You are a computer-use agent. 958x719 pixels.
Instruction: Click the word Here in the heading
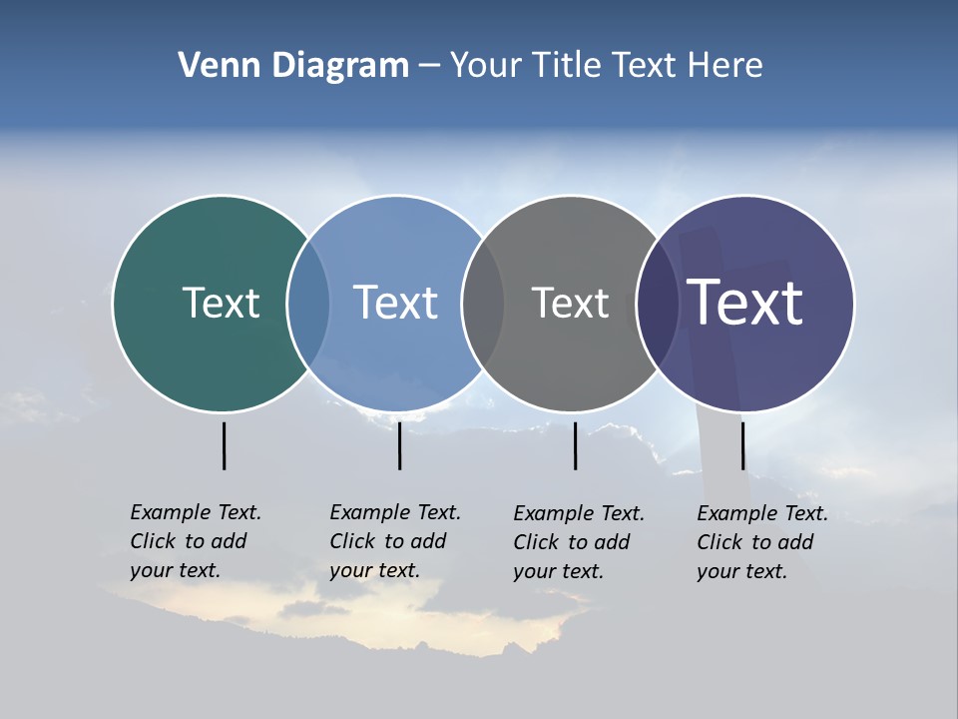pyautogui.click(x=725, y=66)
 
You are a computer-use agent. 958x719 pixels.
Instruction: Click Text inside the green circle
pyautogui.click(x=221, y=303)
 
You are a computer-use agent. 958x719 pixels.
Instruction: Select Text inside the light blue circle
pyautogui.click(x=395, y=303)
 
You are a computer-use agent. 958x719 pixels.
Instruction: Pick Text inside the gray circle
pyautogui.click(x=570, y=303)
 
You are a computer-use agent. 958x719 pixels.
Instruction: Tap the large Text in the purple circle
pyautogui.click(x=744, y=303)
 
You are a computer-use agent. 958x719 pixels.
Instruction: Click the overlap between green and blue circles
pyautogui.click(x=308, y=303)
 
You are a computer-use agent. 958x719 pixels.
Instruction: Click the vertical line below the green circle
pyautogui.click(x=225, y=445)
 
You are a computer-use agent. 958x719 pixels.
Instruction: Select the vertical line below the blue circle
pyautogui.click(x=399, y=445)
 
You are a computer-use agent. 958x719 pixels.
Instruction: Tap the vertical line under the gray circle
pyautogui.click(x=575, y=445)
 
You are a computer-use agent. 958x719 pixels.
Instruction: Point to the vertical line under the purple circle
pyautogui.click(x=742, y=445)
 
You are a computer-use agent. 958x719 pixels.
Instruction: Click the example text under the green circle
pyautogui.click(x=195, y=541)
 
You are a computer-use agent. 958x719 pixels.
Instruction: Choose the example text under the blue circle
pyautogui.click(x=394, y=541)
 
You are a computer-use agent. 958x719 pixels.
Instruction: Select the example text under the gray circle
pyautogui.click(x=578, y=542)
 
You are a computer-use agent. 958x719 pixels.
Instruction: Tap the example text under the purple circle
pyautogui.click(x=761, y=542)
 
